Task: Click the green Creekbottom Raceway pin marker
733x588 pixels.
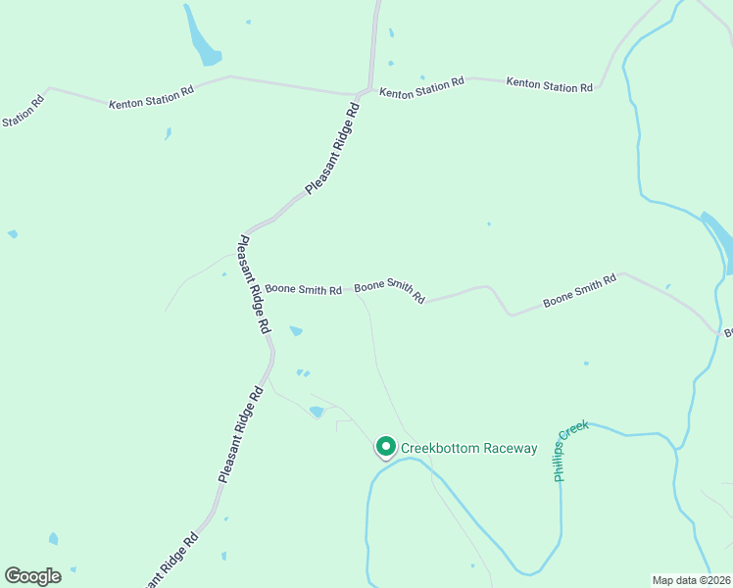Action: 385,447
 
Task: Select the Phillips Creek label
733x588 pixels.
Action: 571,451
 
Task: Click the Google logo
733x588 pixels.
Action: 32,576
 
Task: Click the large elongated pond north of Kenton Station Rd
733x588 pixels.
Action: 203,36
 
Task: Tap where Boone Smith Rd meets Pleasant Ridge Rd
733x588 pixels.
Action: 253,288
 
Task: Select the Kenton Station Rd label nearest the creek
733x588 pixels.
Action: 549,85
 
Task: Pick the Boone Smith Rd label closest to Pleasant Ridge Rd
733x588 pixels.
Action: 303,290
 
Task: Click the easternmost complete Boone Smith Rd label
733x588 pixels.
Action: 580,292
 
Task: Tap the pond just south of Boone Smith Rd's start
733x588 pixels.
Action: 296,331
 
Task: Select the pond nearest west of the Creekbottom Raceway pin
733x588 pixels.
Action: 316,412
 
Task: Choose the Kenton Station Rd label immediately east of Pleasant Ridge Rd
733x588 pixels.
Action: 421,89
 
